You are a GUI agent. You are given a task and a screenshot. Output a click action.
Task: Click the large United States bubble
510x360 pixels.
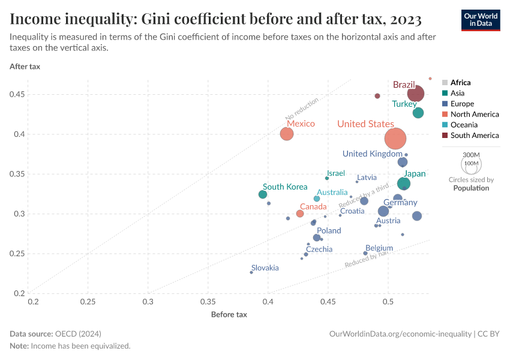395,139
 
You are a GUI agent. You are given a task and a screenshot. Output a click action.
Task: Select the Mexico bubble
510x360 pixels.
287,134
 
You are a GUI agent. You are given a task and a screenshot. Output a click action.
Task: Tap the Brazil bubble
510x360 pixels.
416,94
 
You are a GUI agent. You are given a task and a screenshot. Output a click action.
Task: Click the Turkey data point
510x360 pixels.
418,113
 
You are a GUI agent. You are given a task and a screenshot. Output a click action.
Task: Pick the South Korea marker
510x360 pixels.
263,194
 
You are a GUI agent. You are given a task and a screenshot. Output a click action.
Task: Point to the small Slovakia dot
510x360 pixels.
251,272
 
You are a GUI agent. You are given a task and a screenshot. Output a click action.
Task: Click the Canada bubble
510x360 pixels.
300,214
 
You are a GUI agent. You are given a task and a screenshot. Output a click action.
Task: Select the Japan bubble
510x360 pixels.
404,184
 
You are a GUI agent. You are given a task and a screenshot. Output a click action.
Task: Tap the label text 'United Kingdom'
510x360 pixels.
372,154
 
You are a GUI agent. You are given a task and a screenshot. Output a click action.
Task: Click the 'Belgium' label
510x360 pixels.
379,248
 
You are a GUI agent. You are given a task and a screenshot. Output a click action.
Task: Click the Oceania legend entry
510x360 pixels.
464,125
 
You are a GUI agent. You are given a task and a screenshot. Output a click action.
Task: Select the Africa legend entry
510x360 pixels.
460,83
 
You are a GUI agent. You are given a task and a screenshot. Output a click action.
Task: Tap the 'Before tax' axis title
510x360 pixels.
229,314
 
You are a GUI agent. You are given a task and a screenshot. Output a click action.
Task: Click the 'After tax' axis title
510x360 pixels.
25,67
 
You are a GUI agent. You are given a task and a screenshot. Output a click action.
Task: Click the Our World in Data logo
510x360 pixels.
481,20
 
